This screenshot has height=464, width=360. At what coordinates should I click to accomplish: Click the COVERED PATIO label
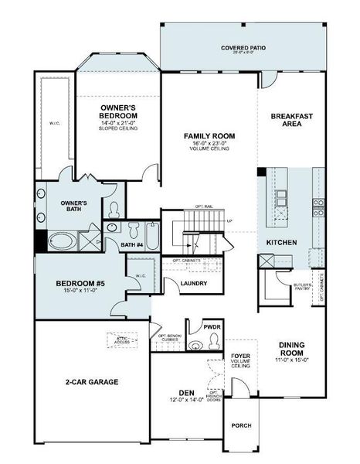pos(243,48)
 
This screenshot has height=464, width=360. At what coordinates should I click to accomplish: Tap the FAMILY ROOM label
pos(209,136)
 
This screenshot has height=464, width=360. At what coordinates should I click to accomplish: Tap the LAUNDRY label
pos(193,283)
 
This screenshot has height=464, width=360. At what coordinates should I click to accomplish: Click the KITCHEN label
pos(282,243)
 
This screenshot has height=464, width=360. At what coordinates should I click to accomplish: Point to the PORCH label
pos(241,426)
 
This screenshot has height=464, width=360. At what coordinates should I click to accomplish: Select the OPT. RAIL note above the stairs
pos(204,207)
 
